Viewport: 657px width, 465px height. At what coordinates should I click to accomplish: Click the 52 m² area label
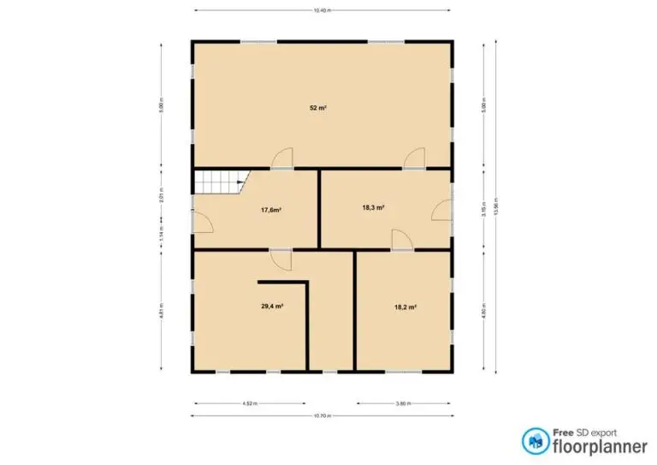pyautogui.click(x=319, y=108)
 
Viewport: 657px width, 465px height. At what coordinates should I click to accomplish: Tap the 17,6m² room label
pyautogui.click(x=271, y=209)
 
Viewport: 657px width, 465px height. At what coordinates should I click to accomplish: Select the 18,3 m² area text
pyautogui.click(x=373, y=207)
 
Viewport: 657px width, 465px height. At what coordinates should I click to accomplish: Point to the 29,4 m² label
pyautogui.click(x=272, y=305)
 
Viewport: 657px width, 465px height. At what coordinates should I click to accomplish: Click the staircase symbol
pyautogui.click(x=220, y=182)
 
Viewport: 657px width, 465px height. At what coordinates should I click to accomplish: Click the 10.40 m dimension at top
pyautogui.click(x=322, y=10)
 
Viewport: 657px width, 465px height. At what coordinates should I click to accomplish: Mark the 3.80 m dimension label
pyautogui.click(x=404, y=403)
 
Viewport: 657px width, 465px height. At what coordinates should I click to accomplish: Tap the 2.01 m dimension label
pyautogui.click(x=161, y=195)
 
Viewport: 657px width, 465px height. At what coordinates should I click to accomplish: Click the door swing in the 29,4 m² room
pyautogui.click(x=281, y=258)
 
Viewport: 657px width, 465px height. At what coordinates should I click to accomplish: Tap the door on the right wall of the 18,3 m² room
pyautogui.click(x=441, y=210)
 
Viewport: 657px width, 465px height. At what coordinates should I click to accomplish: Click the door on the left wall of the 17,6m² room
pyautogui.click(x=202, y=221)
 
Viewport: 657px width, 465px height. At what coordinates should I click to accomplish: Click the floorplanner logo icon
pyautogui.click(x=536, y=440)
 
